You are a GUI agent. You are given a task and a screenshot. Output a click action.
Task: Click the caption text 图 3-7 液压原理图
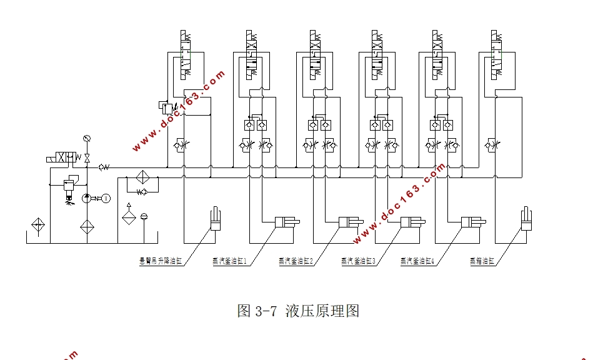(299, 311)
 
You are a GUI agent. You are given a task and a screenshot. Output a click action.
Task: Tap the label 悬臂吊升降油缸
(160, 261)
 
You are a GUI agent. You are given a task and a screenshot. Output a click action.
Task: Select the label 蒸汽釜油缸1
(230, 261)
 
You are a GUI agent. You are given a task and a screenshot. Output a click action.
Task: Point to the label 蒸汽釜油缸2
(296, 261)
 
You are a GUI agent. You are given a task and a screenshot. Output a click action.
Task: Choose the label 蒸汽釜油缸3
(358, 261)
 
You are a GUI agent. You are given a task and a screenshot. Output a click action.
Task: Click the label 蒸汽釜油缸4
(417, 261)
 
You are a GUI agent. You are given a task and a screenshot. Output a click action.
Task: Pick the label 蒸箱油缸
(482, 261)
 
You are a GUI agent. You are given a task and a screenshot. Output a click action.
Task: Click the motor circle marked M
(106, 198)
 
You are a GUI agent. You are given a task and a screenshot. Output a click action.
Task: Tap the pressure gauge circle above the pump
(86, 137)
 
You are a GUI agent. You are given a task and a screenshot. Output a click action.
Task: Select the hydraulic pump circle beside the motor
(86, 198)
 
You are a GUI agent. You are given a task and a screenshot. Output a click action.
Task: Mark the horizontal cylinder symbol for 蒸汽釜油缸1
(287, 222)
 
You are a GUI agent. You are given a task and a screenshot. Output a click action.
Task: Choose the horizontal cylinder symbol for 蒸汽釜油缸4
(474, 222)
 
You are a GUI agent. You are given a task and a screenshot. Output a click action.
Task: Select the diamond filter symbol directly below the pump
(86, 226)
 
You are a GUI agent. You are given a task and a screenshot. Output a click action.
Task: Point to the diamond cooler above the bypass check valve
(142, 177)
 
